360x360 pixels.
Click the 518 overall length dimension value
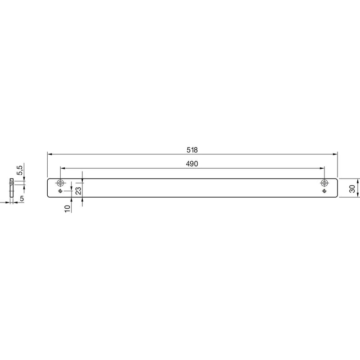[192, 150]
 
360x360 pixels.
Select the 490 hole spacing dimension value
[192, 164]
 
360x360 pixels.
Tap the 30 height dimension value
[352, 189]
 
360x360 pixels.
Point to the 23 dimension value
[78, 191]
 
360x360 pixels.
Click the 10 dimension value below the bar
[67, 209]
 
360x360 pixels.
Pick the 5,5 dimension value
[20, 170]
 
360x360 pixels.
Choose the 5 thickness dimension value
[22, 198]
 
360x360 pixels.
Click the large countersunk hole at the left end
[60, 183]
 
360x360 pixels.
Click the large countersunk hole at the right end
[324, 183]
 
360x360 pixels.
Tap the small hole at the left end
[60, 191]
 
